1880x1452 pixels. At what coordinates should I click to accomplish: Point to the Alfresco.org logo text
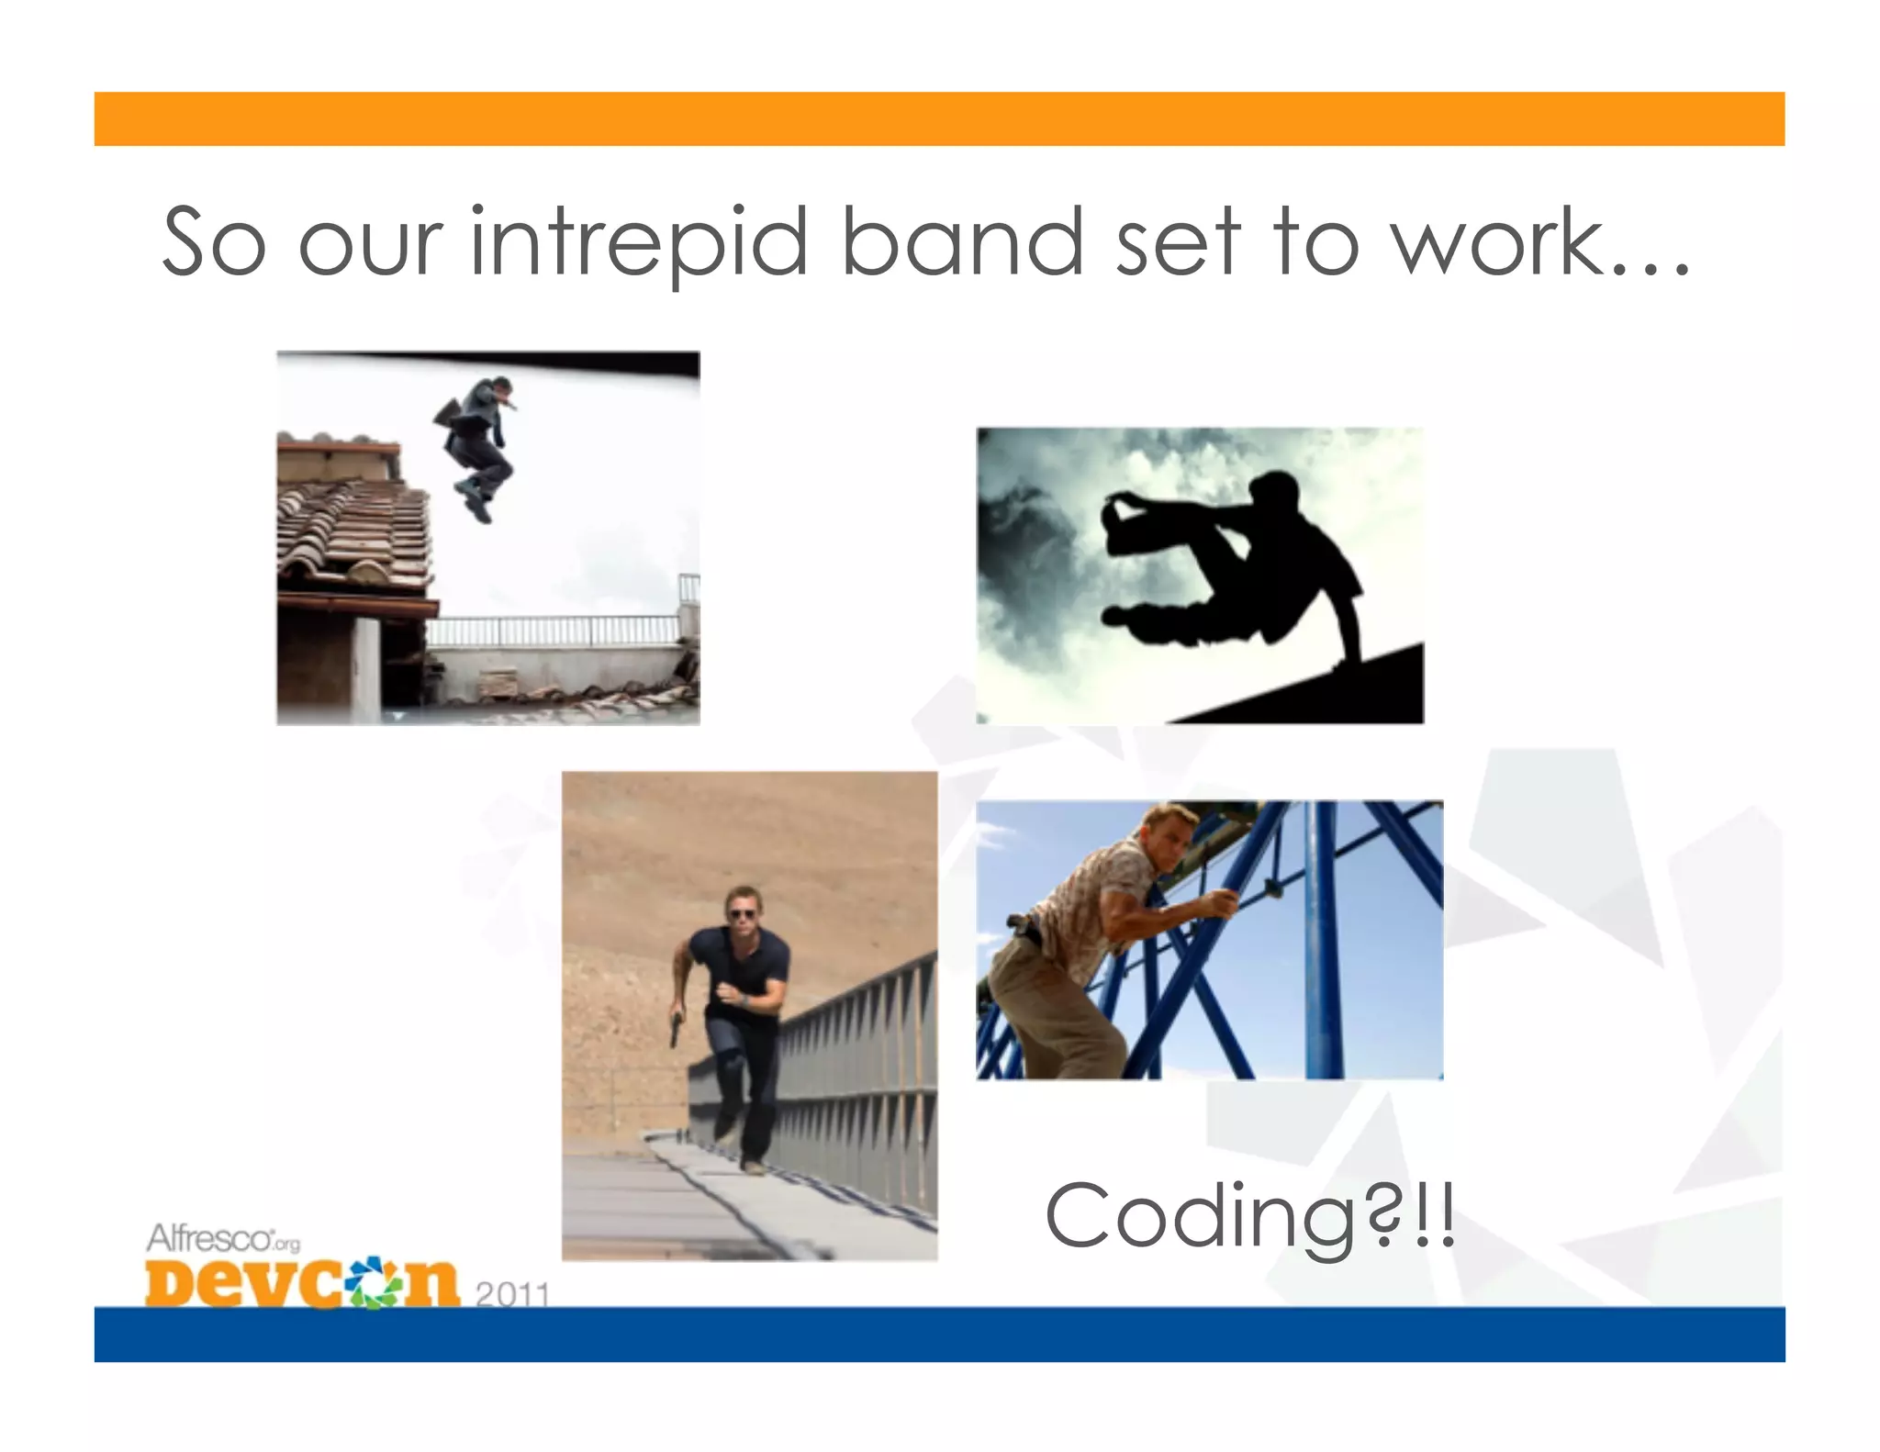(x=223, y=1239)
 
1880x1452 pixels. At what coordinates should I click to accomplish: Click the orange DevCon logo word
(x=301, y=1282)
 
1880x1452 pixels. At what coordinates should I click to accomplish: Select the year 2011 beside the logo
(x=512, y=1294)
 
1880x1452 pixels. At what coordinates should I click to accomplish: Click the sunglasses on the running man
(x=742, y=914)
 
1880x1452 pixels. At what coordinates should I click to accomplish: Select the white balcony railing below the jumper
(x=555, y=631)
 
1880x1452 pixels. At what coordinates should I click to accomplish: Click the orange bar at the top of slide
(x=939, y=118)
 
